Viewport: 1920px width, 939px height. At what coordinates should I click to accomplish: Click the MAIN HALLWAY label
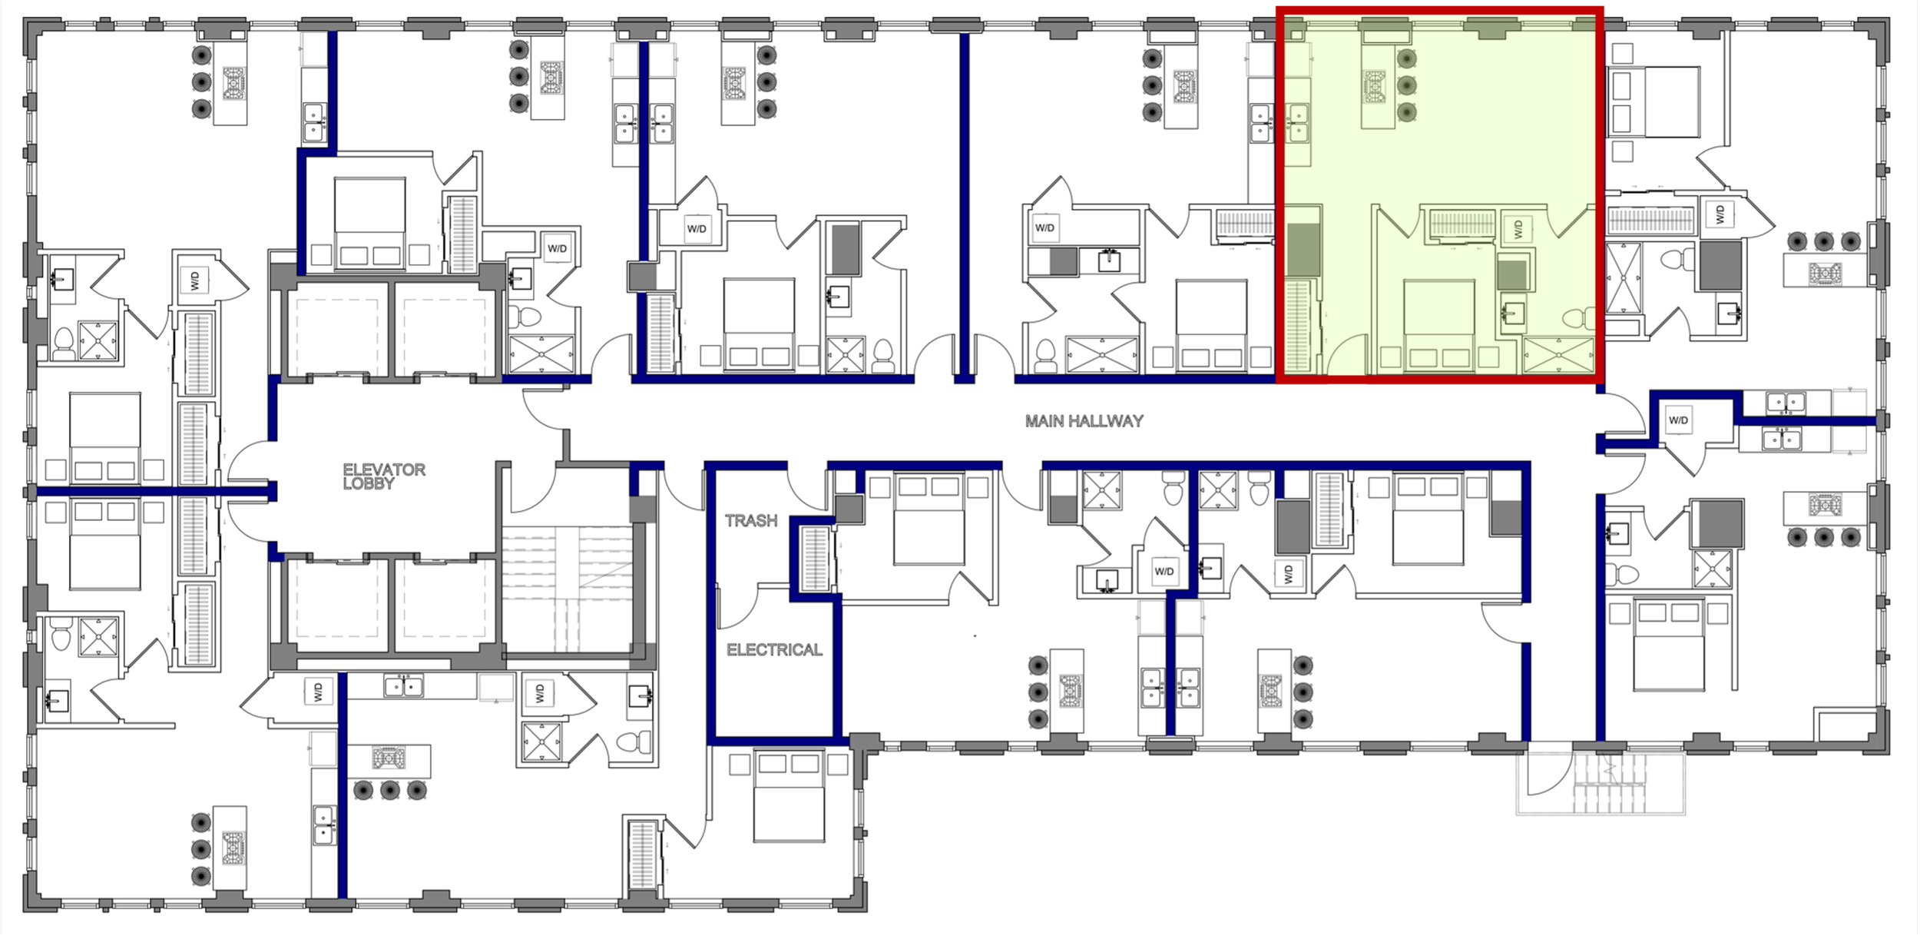(1084, 421)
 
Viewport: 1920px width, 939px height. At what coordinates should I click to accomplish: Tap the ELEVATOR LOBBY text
(383, 476)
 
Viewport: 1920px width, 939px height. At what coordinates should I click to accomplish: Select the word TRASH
(751, 521)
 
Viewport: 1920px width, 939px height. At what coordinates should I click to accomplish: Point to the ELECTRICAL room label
(774, 650)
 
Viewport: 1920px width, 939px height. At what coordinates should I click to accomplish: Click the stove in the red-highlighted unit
(1375, 86)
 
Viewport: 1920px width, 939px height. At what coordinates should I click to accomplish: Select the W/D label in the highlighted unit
(1518, 228)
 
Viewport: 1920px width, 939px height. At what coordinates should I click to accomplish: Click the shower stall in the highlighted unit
(1558, 354)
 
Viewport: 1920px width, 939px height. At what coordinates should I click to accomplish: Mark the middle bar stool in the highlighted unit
(1406, 85)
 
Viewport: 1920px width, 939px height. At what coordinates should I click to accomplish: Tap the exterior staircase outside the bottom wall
(1608, 785)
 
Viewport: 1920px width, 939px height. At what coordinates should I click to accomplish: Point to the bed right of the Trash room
(929, 520)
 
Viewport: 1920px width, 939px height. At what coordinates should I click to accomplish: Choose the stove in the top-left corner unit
(234, 80)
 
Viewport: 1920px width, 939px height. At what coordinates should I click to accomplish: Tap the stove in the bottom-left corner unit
(233, 848)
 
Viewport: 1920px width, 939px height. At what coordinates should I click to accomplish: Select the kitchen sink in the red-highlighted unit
(1298, 124)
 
